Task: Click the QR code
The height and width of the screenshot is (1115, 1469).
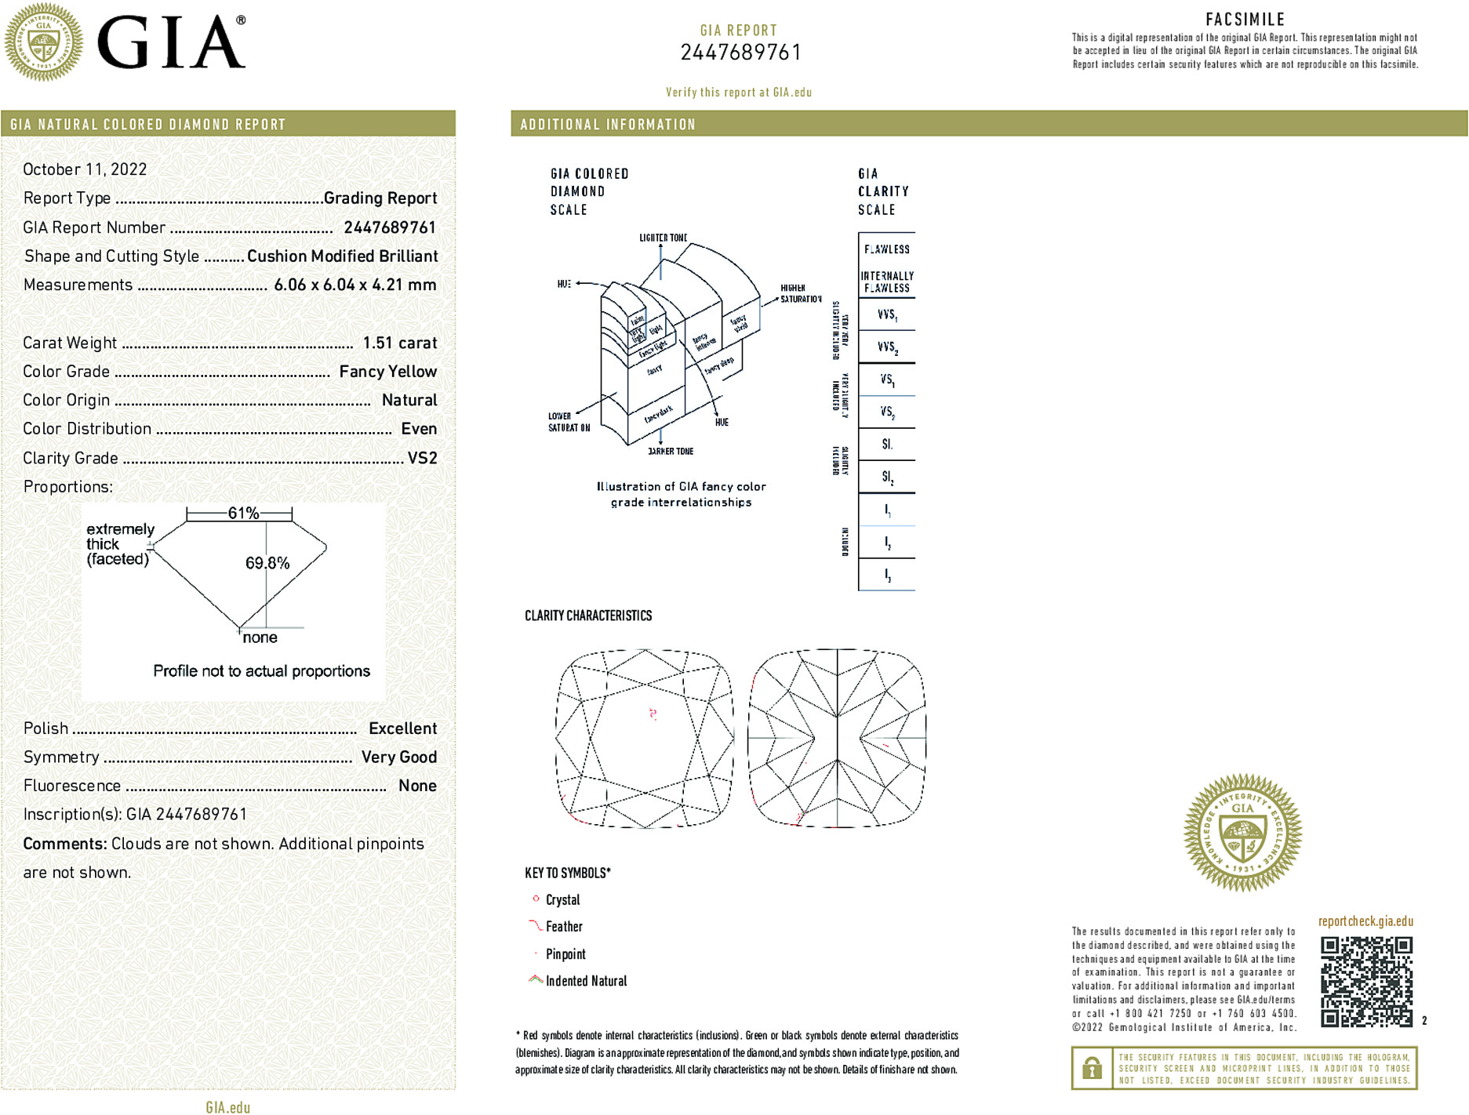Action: (1366, 982)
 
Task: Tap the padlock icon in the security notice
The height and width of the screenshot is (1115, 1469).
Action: (1092, 1068)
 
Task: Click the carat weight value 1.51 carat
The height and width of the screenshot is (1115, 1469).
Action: (399, 343)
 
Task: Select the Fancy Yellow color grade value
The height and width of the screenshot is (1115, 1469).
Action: (387, 372)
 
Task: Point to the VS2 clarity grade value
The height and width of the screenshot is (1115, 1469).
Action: (422, 458)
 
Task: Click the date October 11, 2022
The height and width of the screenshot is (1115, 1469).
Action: (85, 169)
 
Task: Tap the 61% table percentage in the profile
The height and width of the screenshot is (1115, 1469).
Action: (242, 514)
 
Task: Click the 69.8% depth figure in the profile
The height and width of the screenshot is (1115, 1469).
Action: (267, 563)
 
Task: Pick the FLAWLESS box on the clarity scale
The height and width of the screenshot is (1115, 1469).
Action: (886, 249)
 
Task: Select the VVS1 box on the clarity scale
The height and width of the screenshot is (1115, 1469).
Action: (886, 314)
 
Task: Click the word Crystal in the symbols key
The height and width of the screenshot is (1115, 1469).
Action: (562, 900)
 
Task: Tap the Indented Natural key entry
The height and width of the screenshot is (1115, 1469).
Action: (586, 981)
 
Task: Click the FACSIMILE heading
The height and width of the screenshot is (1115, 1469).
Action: (1245, 20)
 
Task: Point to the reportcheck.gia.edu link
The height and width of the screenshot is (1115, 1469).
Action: (1365, 921)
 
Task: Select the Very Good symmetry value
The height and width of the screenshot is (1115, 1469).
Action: (398, 757)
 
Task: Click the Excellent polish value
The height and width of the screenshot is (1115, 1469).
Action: (402, 728)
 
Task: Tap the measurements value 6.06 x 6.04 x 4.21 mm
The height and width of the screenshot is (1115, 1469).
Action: (355, 285)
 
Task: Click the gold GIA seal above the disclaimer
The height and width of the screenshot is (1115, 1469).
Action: (1242, 833)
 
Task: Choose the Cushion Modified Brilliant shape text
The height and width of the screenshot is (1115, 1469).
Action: (342, 256)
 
